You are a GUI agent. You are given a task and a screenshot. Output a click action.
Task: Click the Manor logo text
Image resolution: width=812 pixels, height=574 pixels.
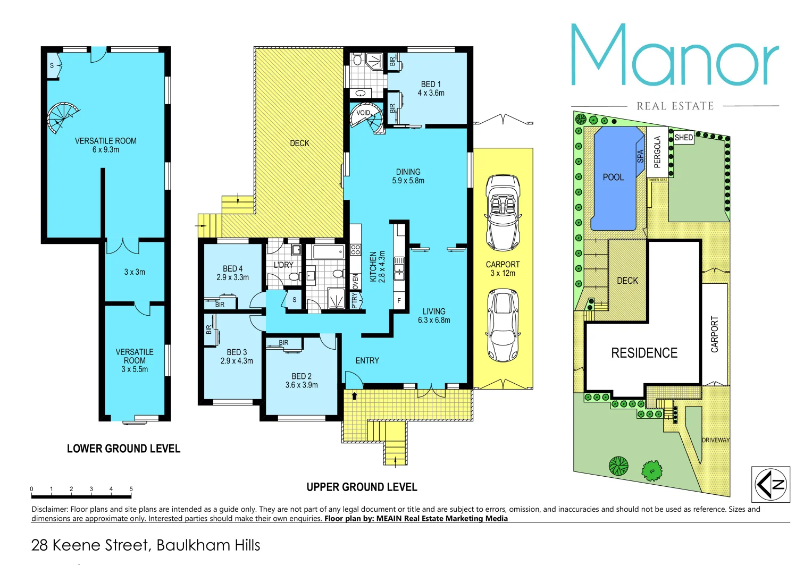click(x=674, y=56)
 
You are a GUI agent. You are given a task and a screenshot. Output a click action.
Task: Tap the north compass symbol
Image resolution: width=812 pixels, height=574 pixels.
click(x=770, y=484)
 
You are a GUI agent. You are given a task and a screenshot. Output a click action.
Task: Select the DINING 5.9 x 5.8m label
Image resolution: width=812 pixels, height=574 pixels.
click(x=408, y=176)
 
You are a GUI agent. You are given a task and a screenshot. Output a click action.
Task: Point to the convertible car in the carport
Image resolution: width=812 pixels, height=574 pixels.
click(x=503, y=213)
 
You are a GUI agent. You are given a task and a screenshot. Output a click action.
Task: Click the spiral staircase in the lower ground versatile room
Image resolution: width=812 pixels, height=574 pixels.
click(x=61, y=117)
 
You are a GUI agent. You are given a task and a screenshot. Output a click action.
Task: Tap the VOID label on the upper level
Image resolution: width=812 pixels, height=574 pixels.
click(x=363, y=113)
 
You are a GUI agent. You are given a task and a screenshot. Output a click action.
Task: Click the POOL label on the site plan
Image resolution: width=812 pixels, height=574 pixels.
click(x=613, y=177)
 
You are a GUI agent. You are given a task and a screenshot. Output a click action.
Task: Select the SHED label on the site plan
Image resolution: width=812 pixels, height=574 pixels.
click(x=683, y=138)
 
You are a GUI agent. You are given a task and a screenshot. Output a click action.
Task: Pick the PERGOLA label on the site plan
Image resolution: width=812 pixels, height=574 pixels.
click(x=657, y=151)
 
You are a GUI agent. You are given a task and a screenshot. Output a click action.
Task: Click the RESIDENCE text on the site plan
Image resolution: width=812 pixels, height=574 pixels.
click(x=644, y=353)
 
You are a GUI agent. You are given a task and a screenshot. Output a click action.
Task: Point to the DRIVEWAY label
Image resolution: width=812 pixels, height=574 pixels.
click(x=715, y=440)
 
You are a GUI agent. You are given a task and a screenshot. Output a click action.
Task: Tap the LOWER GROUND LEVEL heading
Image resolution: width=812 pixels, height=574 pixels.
click(x=123, y=449)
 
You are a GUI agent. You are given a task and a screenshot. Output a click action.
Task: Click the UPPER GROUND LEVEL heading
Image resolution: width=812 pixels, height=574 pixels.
click(x=362, y=487)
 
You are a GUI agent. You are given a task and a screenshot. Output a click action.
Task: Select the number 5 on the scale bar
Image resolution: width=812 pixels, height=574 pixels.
click(x=131, y=489)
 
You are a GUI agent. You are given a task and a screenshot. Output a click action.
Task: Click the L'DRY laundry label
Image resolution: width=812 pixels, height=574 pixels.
click(x=283, y=265)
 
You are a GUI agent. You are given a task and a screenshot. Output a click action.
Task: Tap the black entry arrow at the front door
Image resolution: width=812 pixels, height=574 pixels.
click(x=354, y=396)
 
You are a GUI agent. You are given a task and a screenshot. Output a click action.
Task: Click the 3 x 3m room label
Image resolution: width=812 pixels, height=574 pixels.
click(x=135, y=272)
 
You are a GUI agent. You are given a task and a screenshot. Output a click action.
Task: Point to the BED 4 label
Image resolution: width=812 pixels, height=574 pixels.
click(x=232, y=273)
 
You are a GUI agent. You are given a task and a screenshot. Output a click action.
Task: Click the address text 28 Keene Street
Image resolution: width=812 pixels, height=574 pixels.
click(x=90, y=545)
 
